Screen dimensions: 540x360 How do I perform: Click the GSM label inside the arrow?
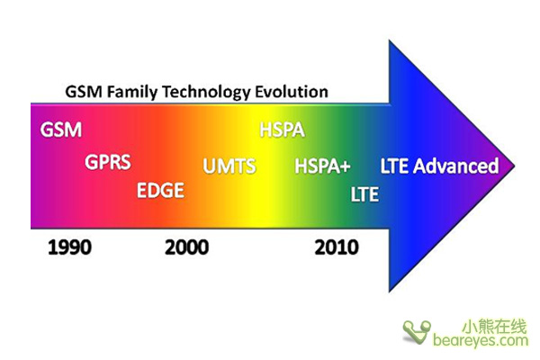click(61, 130)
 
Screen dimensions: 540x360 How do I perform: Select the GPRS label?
click(108, 162)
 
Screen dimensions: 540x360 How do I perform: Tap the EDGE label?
click(160, 191)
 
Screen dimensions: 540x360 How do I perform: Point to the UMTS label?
click(229, 166)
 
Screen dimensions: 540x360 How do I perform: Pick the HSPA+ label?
click(323, 166)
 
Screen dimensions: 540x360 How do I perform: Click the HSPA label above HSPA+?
click(282, 130)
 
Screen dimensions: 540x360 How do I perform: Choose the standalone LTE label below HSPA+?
click(364, 194)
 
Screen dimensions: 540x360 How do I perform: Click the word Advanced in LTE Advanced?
click(456, 166)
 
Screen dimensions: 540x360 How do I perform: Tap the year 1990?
click(70, 247)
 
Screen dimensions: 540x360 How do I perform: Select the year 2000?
click(186, 247)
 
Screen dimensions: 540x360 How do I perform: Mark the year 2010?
click(337, 247)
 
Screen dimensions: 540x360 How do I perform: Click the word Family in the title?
click(132, 93)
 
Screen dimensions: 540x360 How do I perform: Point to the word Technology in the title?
click(206, 93)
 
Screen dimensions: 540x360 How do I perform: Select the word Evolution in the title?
click(292, 92)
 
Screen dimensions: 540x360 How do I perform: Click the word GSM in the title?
click(84, 92)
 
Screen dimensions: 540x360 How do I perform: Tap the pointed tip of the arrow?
click(515, 166)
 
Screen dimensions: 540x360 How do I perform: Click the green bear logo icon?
click(417, 332)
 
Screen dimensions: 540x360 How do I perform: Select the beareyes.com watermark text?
click(481, 340)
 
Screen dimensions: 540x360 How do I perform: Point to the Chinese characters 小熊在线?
click(494, 326)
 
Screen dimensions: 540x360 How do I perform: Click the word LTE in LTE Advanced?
click(395, 166)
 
